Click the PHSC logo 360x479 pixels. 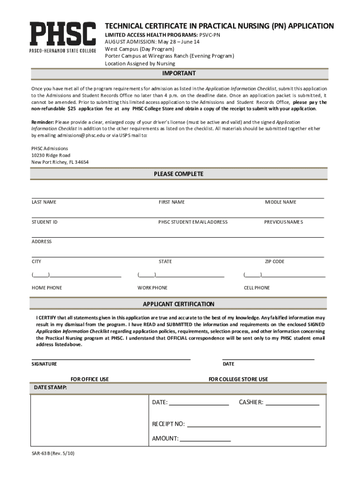point(63,38)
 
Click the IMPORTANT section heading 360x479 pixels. point(179,74)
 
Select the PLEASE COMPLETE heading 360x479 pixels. point(179,174)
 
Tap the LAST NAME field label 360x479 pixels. point(44,202)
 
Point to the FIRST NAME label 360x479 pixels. point(172,202)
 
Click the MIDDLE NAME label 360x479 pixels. point(281,202)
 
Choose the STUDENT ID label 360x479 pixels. point(44,222)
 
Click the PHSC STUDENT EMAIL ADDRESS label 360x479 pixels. point(193,222)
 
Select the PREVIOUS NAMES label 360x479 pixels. point(283,222)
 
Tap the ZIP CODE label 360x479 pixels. point(274,261)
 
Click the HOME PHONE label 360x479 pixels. point(47,288)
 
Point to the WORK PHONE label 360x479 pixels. point(152,288)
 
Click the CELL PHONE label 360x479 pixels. point(257,288)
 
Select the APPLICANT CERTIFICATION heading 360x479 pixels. point(179,304)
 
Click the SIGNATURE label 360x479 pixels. point(44,364)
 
